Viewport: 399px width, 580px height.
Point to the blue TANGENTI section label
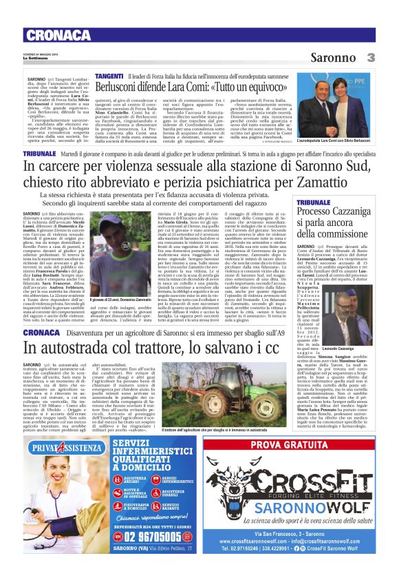click(x=109, y=74)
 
